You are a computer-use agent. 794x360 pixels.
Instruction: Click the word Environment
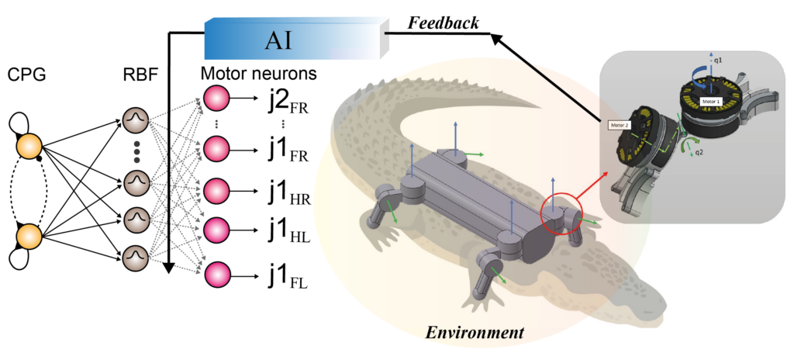coord(475,332)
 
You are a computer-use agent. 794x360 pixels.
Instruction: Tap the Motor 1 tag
coord(710,102)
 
